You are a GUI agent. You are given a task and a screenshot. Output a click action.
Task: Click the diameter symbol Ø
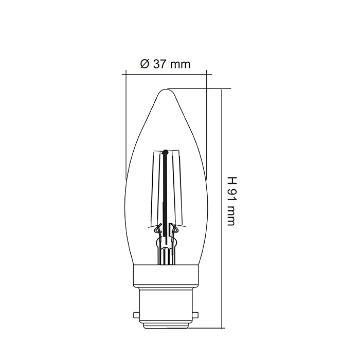[x=145, y=64]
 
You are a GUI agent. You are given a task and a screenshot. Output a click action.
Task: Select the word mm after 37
[x=181, y=64]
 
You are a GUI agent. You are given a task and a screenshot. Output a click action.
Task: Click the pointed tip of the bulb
[x=166, y=91]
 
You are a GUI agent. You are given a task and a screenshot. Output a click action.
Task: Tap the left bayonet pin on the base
[x=136, y=313]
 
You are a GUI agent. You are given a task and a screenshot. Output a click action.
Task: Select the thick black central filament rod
[x=166, y=195]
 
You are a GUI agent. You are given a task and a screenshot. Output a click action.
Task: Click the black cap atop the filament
[x=166, y=152]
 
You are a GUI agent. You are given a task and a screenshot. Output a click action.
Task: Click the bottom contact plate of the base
[x=166, y=326]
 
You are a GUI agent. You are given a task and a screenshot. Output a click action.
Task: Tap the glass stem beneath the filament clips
[x=166, y=252]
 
